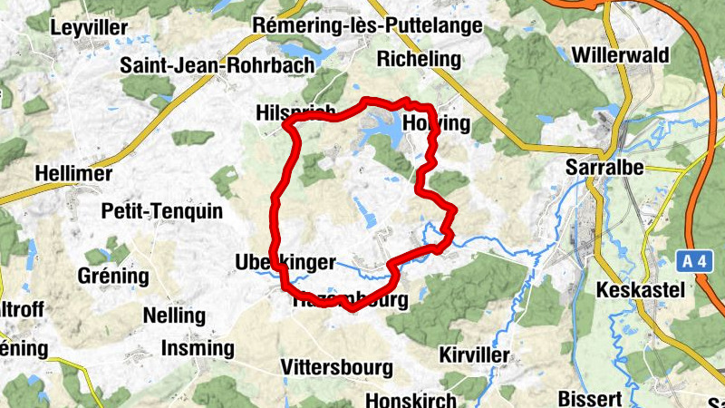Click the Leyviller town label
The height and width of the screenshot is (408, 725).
pyautogui.click(x=89, y=27)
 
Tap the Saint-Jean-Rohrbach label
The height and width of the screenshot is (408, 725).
pyautogui.click(x=217, y=64)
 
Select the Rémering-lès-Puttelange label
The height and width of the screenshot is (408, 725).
pyautogui.click(x=369, y=25)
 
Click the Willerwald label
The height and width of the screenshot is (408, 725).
pyautogui.click(x=633, y=55)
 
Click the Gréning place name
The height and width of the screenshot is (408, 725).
pyautogui.click(x=113, y=276)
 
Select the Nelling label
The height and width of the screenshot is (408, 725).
pyautogui.click(x=175, y=316)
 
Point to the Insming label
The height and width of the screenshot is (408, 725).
pyautogui.click(x=197, y=347)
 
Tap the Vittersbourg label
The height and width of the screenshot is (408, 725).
pyautogui.click(x=337, y=367)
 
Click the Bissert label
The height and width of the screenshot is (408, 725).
pyautogui.click(x=590, y=398)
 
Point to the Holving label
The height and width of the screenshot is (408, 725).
pyautogui.click(x=439, y=123)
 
